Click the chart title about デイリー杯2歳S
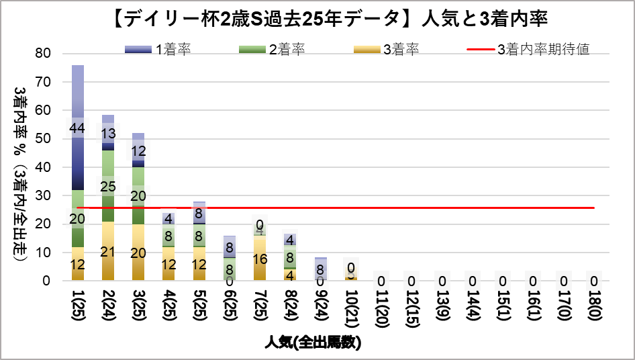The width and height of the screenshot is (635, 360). tap(317, 19)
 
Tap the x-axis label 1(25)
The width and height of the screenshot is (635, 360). tap(79, 305)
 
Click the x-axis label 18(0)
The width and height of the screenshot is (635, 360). tap(593, 305)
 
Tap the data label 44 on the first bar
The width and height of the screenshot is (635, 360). tap(77, 128)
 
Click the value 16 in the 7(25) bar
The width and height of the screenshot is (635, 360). tap(260, 259)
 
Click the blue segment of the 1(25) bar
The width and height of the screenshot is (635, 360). tap(78, 161)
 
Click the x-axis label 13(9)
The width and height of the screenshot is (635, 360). tap(442, 305)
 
